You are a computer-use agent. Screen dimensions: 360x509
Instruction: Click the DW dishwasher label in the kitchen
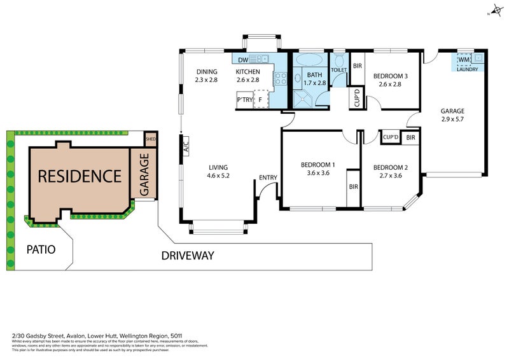(243, 60)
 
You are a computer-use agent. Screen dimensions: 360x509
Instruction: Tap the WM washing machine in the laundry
(463, 60)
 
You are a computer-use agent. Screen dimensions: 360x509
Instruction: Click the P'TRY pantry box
(244, 100)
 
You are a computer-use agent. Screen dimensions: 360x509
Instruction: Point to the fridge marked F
(260, 100)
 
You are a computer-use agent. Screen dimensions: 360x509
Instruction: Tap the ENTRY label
(267, 178)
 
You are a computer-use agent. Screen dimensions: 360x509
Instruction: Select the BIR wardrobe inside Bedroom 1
(352, 188)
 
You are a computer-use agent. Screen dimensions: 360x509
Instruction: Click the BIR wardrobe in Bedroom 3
(358, 66)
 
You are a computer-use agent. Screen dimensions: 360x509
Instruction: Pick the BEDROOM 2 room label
(391, 168)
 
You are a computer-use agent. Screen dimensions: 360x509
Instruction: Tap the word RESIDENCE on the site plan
(80, 176)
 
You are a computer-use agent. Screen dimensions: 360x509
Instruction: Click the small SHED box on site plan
(151, 138)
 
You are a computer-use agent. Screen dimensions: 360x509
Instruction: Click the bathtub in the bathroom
(310, 61)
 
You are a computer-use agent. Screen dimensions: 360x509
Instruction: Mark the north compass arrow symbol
(494, 11)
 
